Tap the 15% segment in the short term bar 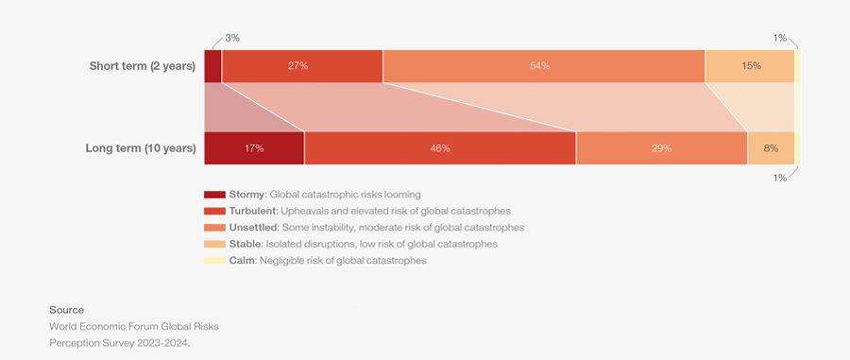[x=750, y=66]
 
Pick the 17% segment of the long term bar [x=253, y=148]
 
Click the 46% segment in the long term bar [x=440, y=148]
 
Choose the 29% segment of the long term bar [x=661, y=148]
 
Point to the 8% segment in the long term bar [x=771, y=148]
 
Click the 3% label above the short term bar [x=232, y=38]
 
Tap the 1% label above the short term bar [x=780, y=38]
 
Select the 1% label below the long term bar [x=780, y=178]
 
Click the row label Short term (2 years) [x=142, y=66]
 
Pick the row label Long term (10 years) [x=140, y=148]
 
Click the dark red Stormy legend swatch [x=214, y=195]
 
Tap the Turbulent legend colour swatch [x=214, y=211]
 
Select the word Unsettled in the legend [x=254, y=228]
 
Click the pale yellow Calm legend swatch [x=214, y=261]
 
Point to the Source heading [x=66, y=310]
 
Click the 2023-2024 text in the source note [x=164, y=343]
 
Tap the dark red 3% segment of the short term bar [x=212, y=66]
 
